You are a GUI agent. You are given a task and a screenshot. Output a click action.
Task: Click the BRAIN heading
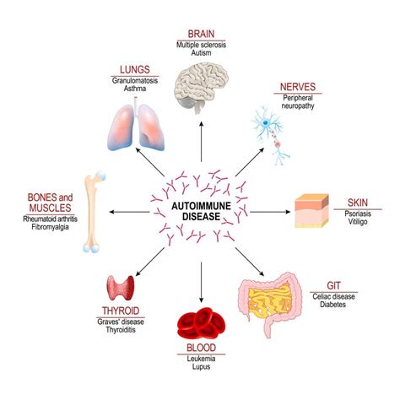coord(201,34)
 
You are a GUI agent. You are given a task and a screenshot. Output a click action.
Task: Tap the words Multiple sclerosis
coord(201,45)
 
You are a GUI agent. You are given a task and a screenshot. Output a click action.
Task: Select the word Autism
coord(201,52)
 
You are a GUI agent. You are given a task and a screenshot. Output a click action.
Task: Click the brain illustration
coord(201,88)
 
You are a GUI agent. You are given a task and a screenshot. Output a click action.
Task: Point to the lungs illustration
coord(136,124)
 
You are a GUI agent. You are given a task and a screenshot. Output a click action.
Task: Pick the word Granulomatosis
coord(135,81)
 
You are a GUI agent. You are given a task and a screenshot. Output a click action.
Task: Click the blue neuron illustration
coord(271,135)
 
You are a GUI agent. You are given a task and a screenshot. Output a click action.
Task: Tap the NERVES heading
coord(298,87)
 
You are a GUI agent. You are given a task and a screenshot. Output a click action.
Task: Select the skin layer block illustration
coord(311,211)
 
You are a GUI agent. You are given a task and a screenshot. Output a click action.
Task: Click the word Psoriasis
coord(358,214)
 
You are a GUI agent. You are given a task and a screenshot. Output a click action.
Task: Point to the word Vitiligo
coord(358,222)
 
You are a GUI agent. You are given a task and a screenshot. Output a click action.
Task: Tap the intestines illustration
coord(270,304)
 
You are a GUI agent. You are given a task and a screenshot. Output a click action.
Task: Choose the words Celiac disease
coord(333,296)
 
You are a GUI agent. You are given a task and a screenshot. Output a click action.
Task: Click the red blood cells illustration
coord(201,323)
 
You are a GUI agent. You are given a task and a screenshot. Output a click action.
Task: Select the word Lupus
coord(202,367)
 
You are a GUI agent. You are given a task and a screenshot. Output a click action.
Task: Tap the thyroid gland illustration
coord(121,288)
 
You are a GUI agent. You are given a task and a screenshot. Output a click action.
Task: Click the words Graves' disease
coord(121,322)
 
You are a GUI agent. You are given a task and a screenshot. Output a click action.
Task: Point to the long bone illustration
coord(93,213)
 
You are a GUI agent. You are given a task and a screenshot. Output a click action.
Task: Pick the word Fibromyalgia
coord(50,227)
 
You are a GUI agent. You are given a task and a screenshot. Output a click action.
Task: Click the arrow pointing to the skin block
coord(270,212)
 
